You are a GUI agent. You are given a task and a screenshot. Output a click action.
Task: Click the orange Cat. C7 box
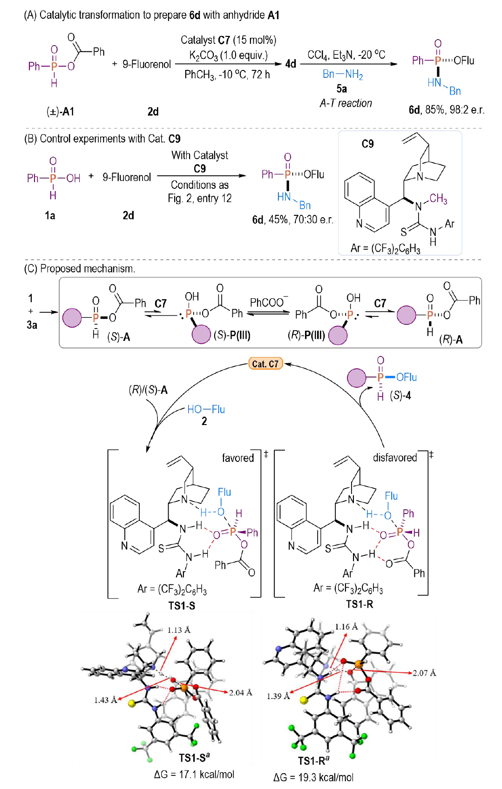[x=265, y=364]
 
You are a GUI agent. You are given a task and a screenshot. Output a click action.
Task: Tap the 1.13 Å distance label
[x=179, y=630]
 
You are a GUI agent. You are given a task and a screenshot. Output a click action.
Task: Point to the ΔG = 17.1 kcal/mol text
[x=194, y=774]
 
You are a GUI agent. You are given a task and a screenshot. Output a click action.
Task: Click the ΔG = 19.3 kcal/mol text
[x=313, y=777]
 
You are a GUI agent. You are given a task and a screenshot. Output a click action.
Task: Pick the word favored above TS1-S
[x=237, y=458]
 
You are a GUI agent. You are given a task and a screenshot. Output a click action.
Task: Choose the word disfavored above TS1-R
[x=394, y=458]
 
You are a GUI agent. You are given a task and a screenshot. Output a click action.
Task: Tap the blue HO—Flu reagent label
[x=206, y=409]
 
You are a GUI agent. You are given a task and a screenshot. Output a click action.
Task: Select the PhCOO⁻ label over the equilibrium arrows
[x=269, y=302]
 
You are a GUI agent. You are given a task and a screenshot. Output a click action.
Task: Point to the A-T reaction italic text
[x=346, y=103]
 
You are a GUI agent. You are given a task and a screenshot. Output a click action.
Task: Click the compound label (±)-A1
[x=61, y=111]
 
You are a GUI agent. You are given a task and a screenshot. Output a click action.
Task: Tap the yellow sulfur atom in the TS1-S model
[x=131, y=703]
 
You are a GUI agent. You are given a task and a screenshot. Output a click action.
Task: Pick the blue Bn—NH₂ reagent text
[x=343, y=74]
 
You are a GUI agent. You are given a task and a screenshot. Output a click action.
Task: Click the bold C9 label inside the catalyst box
[x=368, y=144]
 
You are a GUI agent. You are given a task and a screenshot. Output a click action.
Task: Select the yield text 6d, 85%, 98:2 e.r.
[x=446, y=110]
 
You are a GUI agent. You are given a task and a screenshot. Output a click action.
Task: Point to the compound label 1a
[x=50, y=215]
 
